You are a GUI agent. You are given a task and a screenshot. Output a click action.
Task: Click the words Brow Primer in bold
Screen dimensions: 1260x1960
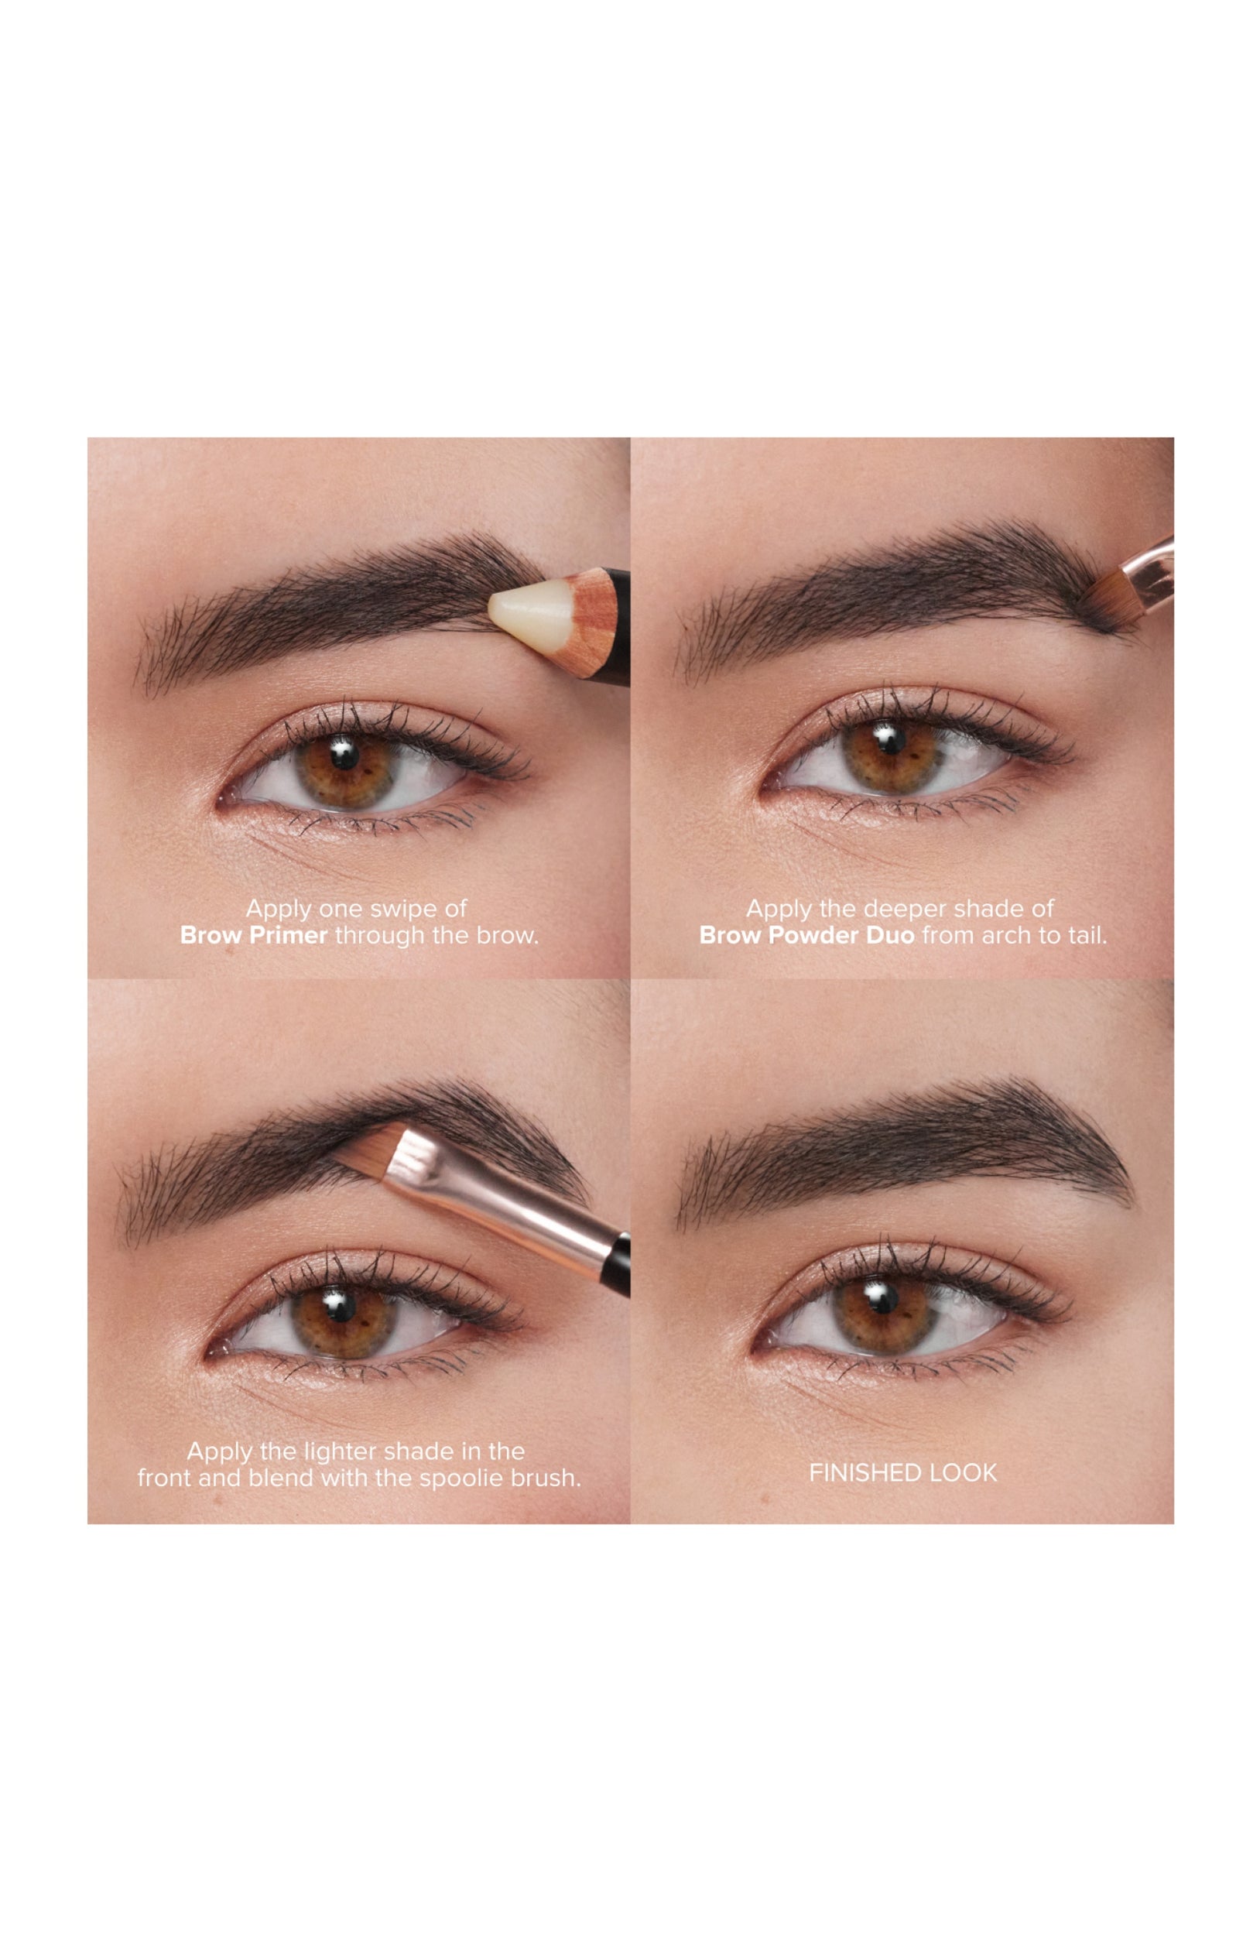coord(254,935)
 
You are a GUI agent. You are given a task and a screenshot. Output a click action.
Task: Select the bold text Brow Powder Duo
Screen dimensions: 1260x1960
coord(806,935)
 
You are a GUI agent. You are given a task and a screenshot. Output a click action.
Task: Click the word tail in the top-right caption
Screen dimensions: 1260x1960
coord(1087,935)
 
